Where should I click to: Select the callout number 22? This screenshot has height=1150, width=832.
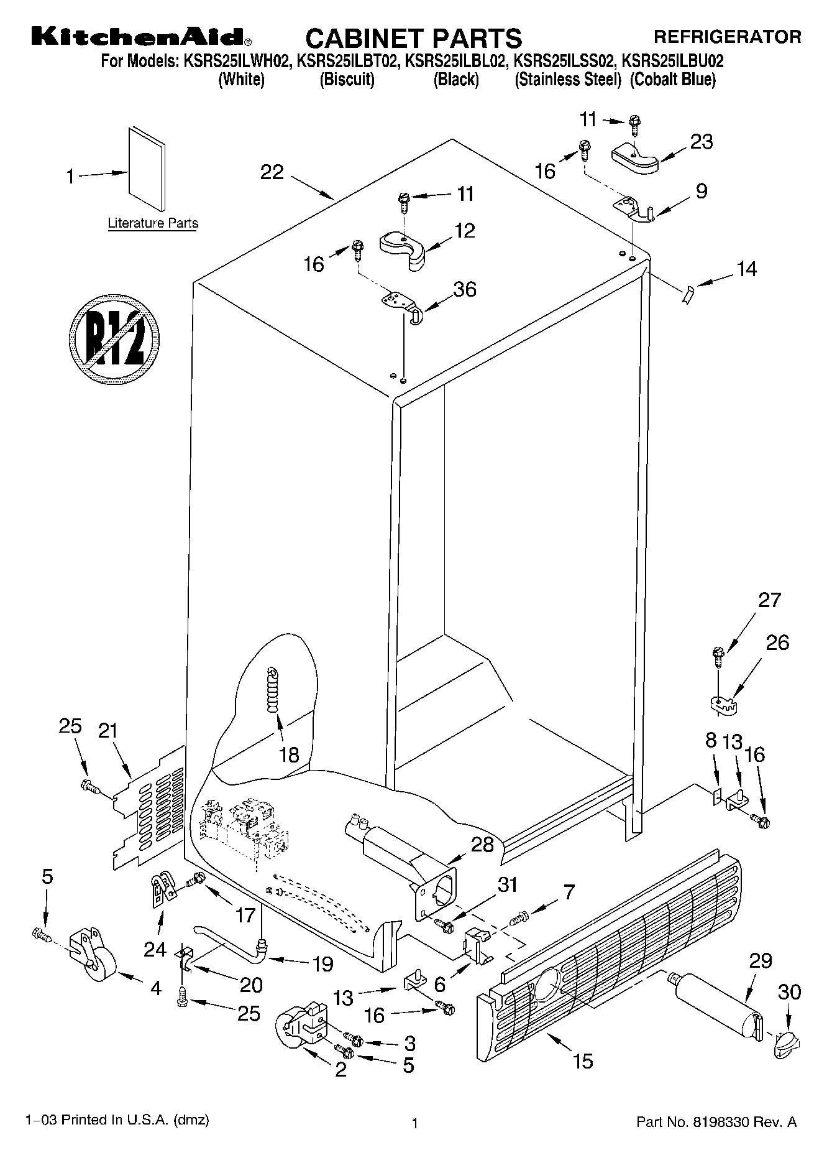(272, 172)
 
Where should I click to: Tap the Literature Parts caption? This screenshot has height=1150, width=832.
(153, 223)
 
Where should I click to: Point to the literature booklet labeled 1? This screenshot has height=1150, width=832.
(147, 169)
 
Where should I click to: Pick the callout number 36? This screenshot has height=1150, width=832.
(464, 289)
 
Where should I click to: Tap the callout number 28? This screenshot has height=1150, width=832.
(483, 844)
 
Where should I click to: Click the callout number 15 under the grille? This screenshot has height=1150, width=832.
(583, 1061)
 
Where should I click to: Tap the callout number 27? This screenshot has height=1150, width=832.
(769, 600)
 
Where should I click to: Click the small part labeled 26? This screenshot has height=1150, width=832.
(722, 703)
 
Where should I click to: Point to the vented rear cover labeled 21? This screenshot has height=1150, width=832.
(149, 809)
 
